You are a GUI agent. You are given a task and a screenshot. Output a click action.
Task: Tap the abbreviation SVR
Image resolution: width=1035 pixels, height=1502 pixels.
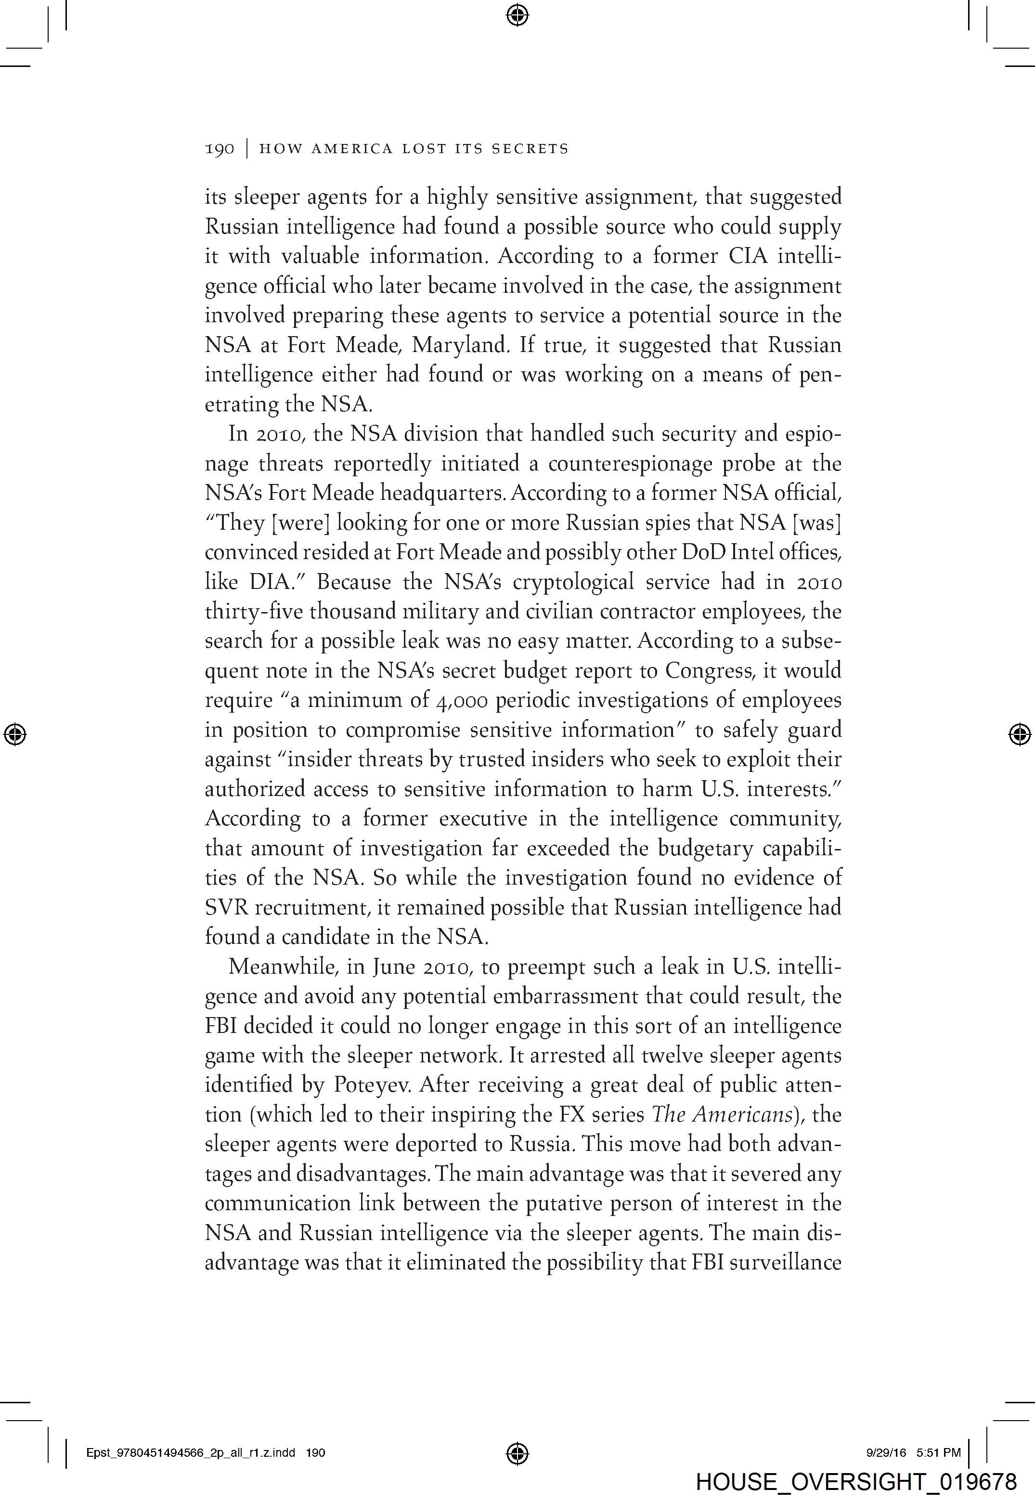point(226,907)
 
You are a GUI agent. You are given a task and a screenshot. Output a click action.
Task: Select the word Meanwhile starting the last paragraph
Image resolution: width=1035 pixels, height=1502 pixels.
point(284,967)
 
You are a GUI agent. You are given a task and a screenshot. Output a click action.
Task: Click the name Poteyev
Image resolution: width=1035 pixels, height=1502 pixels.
point(377,1085)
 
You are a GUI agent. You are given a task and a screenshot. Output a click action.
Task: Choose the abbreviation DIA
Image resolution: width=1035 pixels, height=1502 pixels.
point(273,582)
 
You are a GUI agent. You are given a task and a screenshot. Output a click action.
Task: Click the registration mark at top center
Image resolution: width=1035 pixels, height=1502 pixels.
point(517,14)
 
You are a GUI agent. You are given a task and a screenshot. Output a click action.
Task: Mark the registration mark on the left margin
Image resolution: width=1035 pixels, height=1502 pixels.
point(15,734)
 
